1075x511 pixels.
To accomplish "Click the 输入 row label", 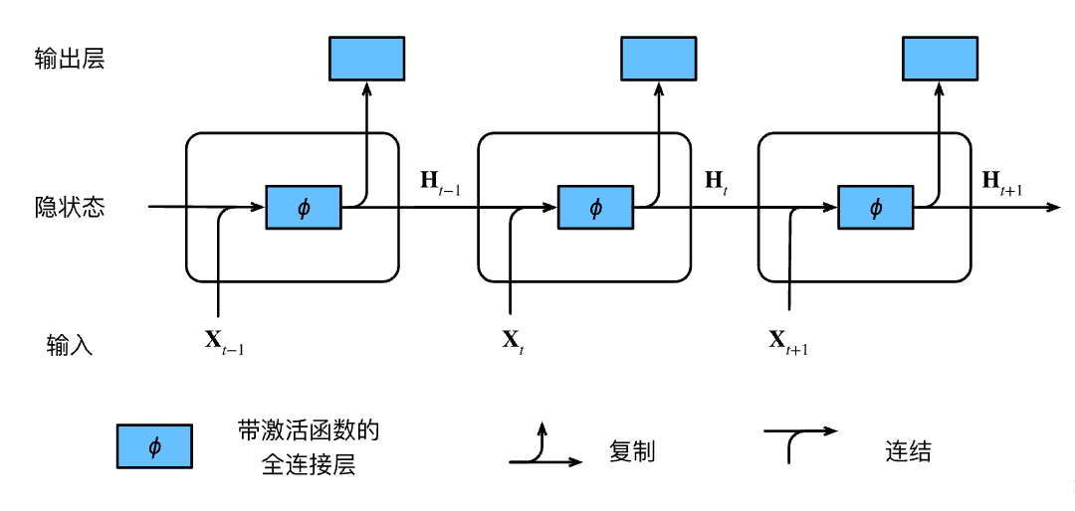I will click(69, 345).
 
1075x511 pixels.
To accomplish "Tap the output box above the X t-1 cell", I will click(366, 59).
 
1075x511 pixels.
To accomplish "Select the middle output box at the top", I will click(659, 59).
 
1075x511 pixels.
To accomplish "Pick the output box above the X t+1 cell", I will click(939, 59).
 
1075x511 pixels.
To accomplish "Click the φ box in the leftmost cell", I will click(304, 207).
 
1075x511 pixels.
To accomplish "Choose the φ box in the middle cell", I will click(595, 207).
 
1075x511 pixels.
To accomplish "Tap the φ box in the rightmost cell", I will click(876, 207).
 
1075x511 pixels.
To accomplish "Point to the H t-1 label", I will click(440, 182).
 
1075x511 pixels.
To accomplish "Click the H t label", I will click(717, 182).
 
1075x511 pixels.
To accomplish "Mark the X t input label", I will click(512, 341).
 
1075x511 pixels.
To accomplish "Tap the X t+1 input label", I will click(787, 341).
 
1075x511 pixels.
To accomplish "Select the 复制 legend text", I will click(631, 451).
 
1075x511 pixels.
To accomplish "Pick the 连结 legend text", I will click(908, 451).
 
